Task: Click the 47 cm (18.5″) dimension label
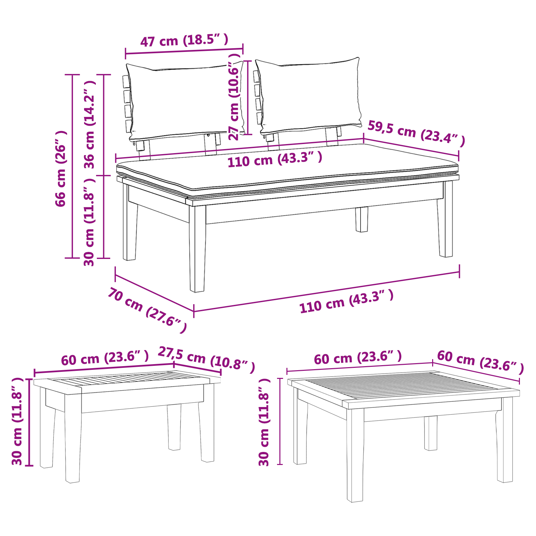(x=184, y=41)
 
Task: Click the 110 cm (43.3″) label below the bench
(x=346, y=302)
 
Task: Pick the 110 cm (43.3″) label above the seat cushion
(x=275, y=159)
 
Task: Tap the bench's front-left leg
(x=197, y=248)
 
